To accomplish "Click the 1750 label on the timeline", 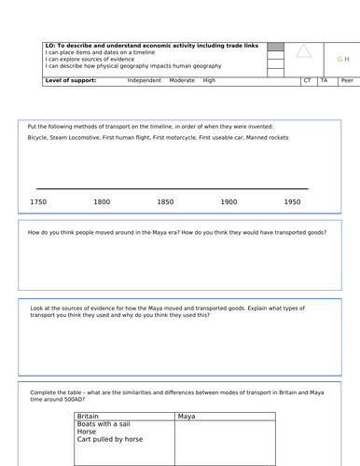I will pos(38,201).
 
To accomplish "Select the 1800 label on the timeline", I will pos(102,201).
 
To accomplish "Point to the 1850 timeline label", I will pos(165,201).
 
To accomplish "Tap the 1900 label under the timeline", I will pos(228,201).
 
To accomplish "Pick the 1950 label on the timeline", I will pos(292,201).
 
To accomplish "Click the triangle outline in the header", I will pos(303,52).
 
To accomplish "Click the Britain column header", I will pos(88,416).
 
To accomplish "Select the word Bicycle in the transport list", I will pos(39,138).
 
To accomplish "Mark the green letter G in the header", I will pos(339,58).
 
